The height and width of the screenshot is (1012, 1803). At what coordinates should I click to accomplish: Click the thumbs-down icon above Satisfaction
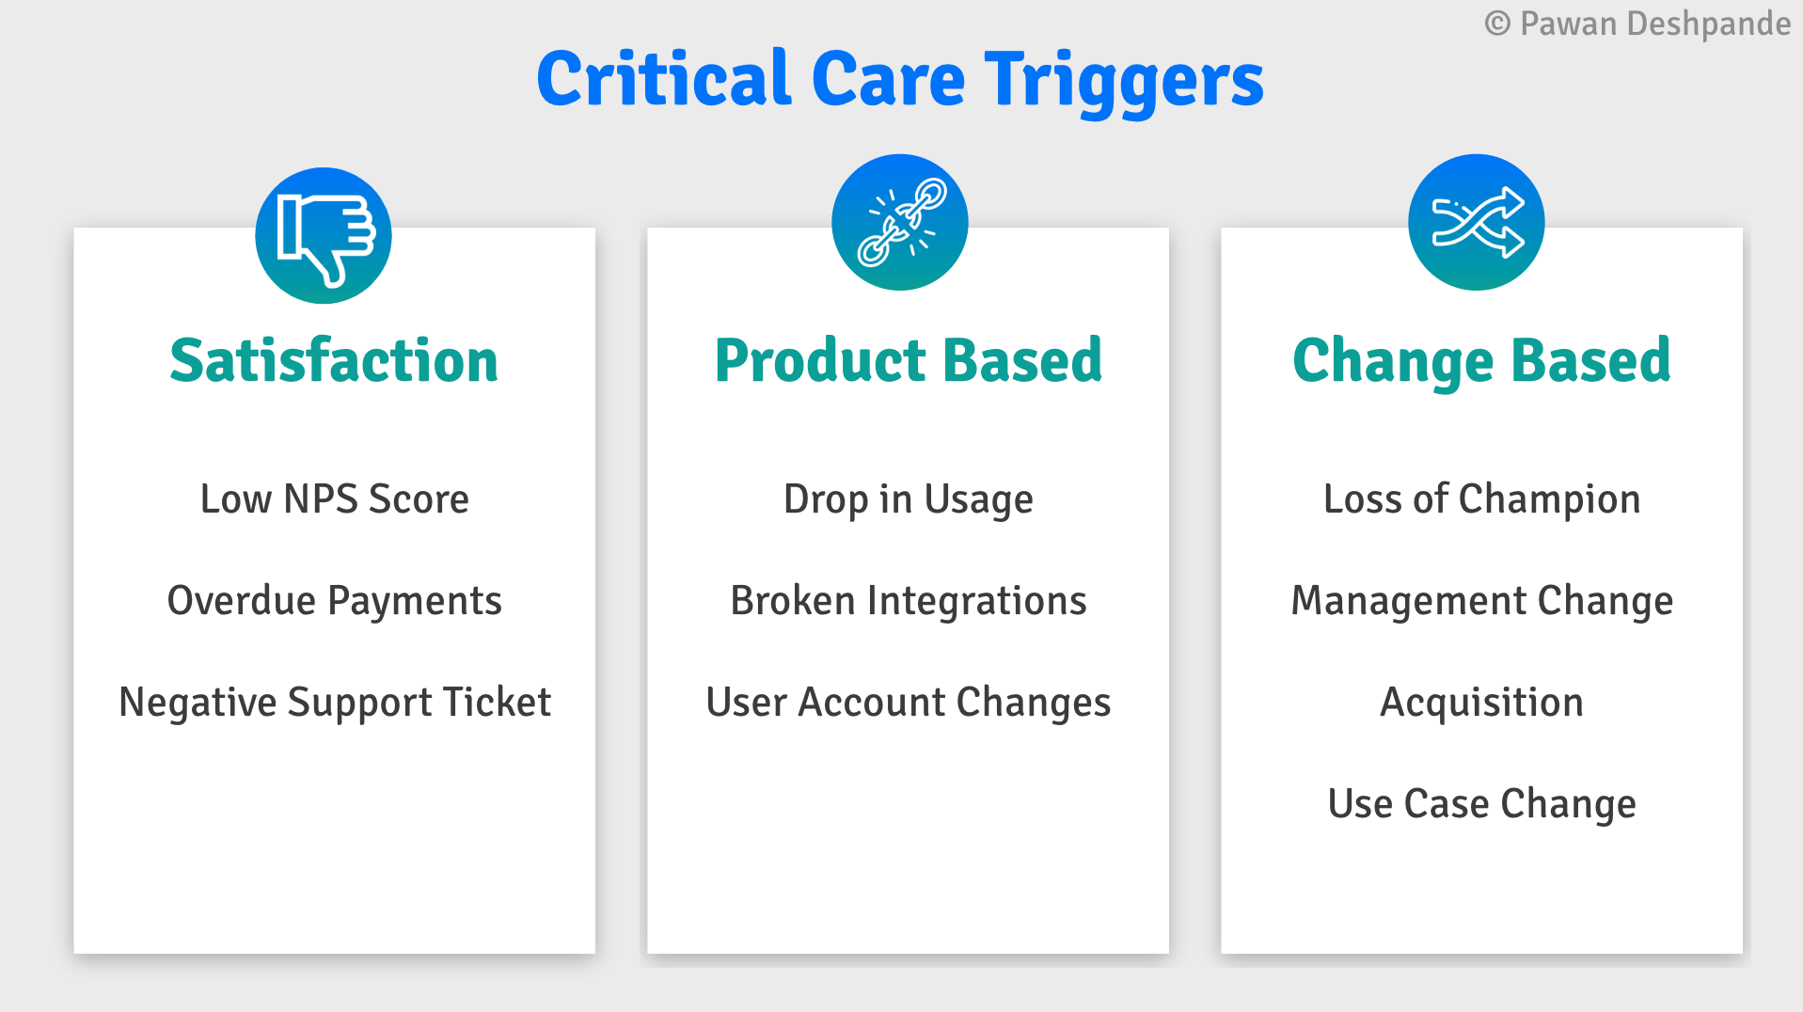[x=324, y=236]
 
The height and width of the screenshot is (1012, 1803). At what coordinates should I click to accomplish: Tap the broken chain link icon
[x=900, y=223]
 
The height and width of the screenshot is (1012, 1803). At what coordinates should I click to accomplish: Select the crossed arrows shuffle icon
[x=1477, y=223]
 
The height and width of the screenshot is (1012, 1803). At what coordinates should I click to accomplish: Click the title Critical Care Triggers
[x=900, y=80]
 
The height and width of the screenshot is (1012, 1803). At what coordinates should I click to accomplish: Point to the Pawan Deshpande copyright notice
[x=1637, y=24]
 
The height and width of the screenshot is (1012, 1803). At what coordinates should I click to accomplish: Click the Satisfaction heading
[x=334, y=360]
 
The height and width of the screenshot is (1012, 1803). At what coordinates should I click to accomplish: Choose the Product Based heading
[x=909, y=360]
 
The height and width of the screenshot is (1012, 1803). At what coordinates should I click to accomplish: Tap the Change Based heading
[x=1481, y=362]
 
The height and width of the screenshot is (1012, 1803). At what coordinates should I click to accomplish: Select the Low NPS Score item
[x=335, y=498]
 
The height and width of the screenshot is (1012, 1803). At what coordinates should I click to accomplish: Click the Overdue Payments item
[x=335, y=601]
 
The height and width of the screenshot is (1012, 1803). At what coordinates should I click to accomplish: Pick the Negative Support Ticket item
[x=335, y=704]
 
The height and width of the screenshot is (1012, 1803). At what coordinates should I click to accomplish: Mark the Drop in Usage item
[x=909, y=500]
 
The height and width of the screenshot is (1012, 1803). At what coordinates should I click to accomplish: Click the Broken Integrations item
[x=909, y=602]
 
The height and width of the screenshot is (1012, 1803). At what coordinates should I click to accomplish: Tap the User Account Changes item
[x=909, y=704]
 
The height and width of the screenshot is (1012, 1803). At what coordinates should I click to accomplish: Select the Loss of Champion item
[x=1482, y=500]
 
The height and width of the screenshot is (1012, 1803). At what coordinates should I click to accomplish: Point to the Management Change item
[x=1482, y=602]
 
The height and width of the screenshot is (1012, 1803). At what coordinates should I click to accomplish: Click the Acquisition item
[x=1482, y=704]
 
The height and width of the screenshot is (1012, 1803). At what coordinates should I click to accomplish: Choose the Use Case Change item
[x=1482, y=805]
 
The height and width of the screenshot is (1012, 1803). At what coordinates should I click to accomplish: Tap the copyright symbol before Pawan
[x=1497, y=24]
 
